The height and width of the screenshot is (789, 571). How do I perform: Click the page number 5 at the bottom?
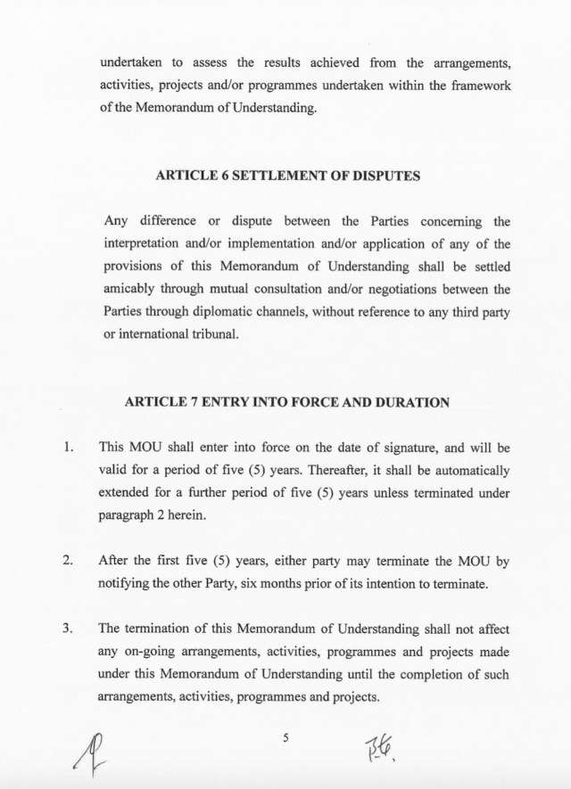(x=285, y=735)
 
